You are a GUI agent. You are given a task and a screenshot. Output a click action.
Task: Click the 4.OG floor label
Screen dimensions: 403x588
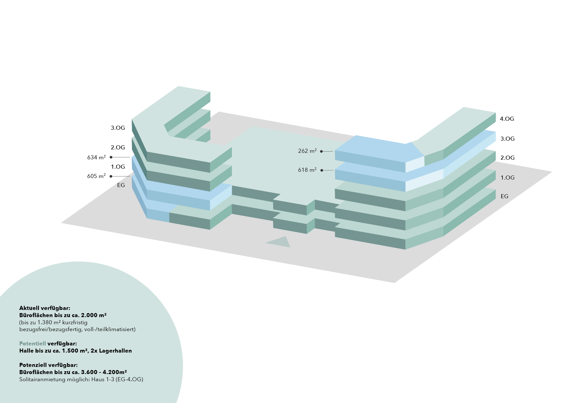pos(507,119)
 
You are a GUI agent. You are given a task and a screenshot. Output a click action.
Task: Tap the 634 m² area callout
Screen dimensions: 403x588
pos(96,157)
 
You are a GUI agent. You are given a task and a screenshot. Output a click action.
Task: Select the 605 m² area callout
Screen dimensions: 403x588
pos(96,176)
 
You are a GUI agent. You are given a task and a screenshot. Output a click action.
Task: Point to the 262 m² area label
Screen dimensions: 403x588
pos(307,151)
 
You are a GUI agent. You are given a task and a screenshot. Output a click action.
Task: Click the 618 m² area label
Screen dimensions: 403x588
pos(307,170)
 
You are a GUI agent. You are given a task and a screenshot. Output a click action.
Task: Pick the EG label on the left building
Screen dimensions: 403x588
pos(121,185)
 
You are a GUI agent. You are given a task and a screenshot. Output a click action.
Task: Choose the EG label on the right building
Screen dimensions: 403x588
pos(504,196)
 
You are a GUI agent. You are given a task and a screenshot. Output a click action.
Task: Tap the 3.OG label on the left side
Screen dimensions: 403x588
pos(118,128)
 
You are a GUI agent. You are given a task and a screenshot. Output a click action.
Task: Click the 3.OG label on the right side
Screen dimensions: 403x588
pos(507,139)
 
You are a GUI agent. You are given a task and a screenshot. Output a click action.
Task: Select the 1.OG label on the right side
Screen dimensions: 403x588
pos(507,178)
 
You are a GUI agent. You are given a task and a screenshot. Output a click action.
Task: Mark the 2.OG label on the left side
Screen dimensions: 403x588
pos(118,148)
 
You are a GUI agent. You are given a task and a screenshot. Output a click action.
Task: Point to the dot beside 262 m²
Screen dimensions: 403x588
pos(321,151)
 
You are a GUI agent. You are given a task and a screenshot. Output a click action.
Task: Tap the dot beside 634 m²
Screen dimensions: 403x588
pos(111,157)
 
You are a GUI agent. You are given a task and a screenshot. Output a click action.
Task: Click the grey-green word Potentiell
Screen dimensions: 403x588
pos(32,344)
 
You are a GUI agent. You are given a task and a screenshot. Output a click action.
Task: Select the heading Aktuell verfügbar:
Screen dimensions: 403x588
pos(45,308)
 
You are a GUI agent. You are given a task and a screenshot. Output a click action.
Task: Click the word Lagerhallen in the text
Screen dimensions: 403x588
pos(115,351)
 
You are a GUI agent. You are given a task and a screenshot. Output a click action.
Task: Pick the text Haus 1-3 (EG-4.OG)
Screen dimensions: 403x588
pos(117,379)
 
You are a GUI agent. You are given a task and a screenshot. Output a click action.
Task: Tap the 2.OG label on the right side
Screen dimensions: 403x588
pos(507,158)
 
